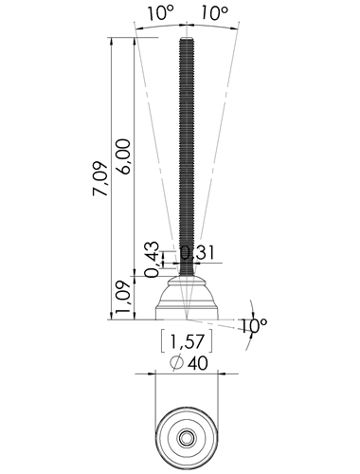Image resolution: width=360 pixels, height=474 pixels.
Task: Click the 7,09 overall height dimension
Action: (100, 179)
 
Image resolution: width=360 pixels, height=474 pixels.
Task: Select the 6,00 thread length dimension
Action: (123, 156)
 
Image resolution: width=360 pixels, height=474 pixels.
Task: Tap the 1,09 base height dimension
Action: (123, 298)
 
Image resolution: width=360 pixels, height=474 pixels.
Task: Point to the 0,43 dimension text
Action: (152, 260)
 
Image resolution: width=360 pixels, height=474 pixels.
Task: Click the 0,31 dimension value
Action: (198, 253)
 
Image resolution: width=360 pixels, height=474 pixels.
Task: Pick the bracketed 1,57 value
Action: (187, 341)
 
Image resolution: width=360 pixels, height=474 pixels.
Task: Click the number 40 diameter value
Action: (198, 363)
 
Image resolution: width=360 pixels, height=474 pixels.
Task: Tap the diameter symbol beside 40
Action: (176, 363)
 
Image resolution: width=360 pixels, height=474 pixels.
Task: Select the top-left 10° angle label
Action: (161, 13)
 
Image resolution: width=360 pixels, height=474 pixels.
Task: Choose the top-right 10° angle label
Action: (214, 13)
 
